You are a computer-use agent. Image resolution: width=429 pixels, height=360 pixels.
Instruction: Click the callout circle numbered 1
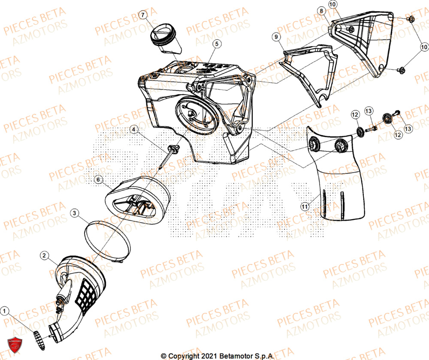[5, 310]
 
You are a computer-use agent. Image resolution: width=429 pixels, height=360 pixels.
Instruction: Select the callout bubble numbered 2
[44, 255]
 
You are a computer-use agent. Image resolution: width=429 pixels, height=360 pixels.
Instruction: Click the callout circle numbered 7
[143, 15]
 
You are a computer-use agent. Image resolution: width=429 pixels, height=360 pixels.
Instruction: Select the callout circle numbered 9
[277, 37]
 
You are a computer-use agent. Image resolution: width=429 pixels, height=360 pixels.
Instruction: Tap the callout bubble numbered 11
[305, 207]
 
